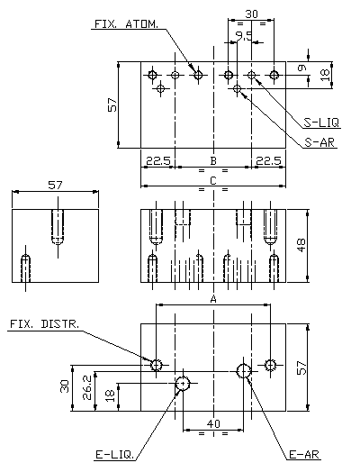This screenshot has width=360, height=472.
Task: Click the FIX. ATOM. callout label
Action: (126, 24)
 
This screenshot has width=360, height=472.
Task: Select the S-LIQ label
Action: (321, 123)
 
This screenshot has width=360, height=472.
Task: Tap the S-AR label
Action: (319, 142)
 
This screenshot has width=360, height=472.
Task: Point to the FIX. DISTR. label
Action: (45, 324)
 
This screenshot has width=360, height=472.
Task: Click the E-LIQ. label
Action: (115, 455)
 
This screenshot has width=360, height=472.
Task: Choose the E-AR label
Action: (304, 455)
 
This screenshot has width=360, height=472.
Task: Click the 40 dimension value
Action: (213, 424)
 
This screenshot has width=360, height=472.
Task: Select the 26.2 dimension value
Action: (87, 387)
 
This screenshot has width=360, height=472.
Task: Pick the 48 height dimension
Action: (301, 245)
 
